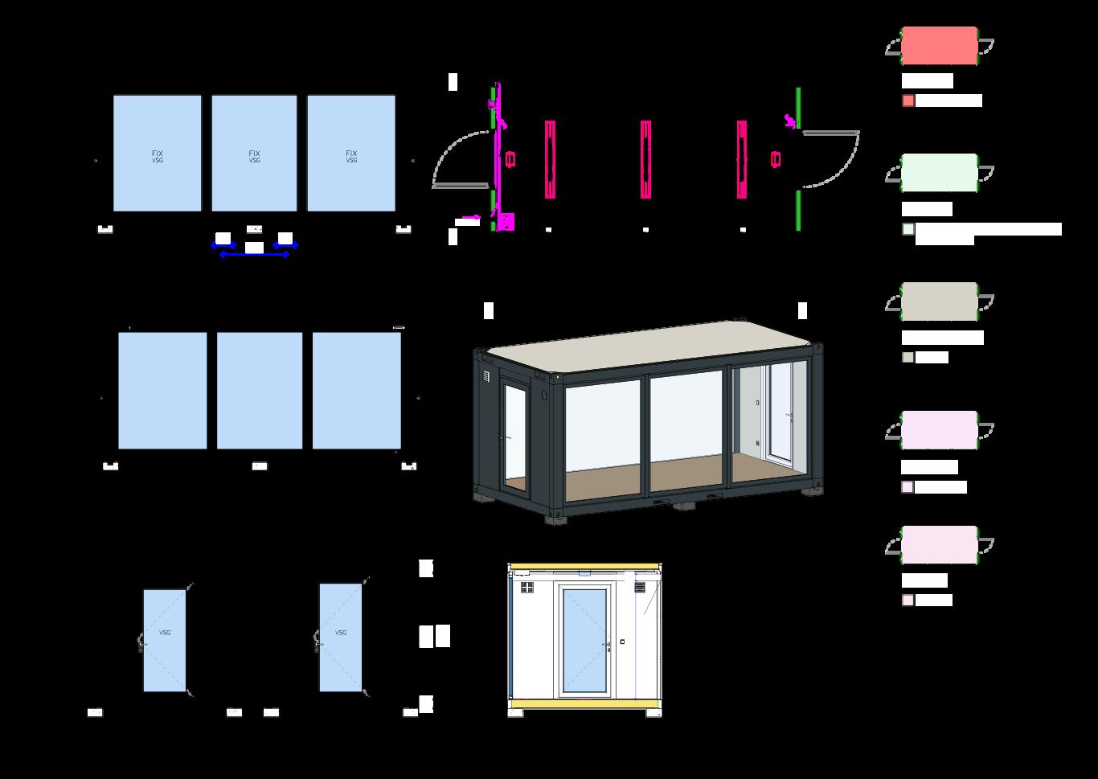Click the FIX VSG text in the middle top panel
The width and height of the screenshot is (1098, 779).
(x=254, y=156)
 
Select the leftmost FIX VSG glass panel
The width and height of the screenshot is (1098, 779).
(x=158, y=154)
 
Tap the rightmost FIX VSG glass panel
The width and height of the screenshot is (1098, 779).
(x=351, y=154)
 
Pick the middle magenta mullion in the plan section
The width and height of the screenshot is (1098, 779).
(x=645, y=159)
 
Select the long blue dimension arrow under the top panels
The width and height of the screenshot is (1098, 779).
(x=254, y=254)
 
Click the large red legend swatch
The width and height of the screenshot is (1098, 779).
(x=939, y=46)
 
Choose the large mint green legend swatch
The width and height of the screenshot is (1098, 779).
(x=939, y=173)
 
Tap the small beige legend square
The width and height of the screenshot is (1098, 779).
(x=907, y=358)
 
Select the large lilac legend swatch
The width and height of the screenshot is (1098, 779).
(x=939, y=430)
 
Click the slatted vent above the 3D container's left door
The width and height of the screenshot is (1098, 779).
(x=485, y=376)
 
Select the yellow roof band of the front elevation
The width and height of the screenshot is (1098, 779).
(x=584, y=568)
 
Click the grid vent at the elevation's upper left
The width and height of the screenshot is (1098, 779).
(x=527, y=588)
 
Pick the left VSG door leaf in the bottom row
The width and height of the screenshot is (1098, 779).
(x=165, y=641)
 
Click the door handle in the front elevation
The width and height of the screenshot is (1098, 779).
(x=608, y=643)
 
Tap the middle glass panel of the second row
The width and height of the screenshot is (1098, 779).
(x=260, y=391)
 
